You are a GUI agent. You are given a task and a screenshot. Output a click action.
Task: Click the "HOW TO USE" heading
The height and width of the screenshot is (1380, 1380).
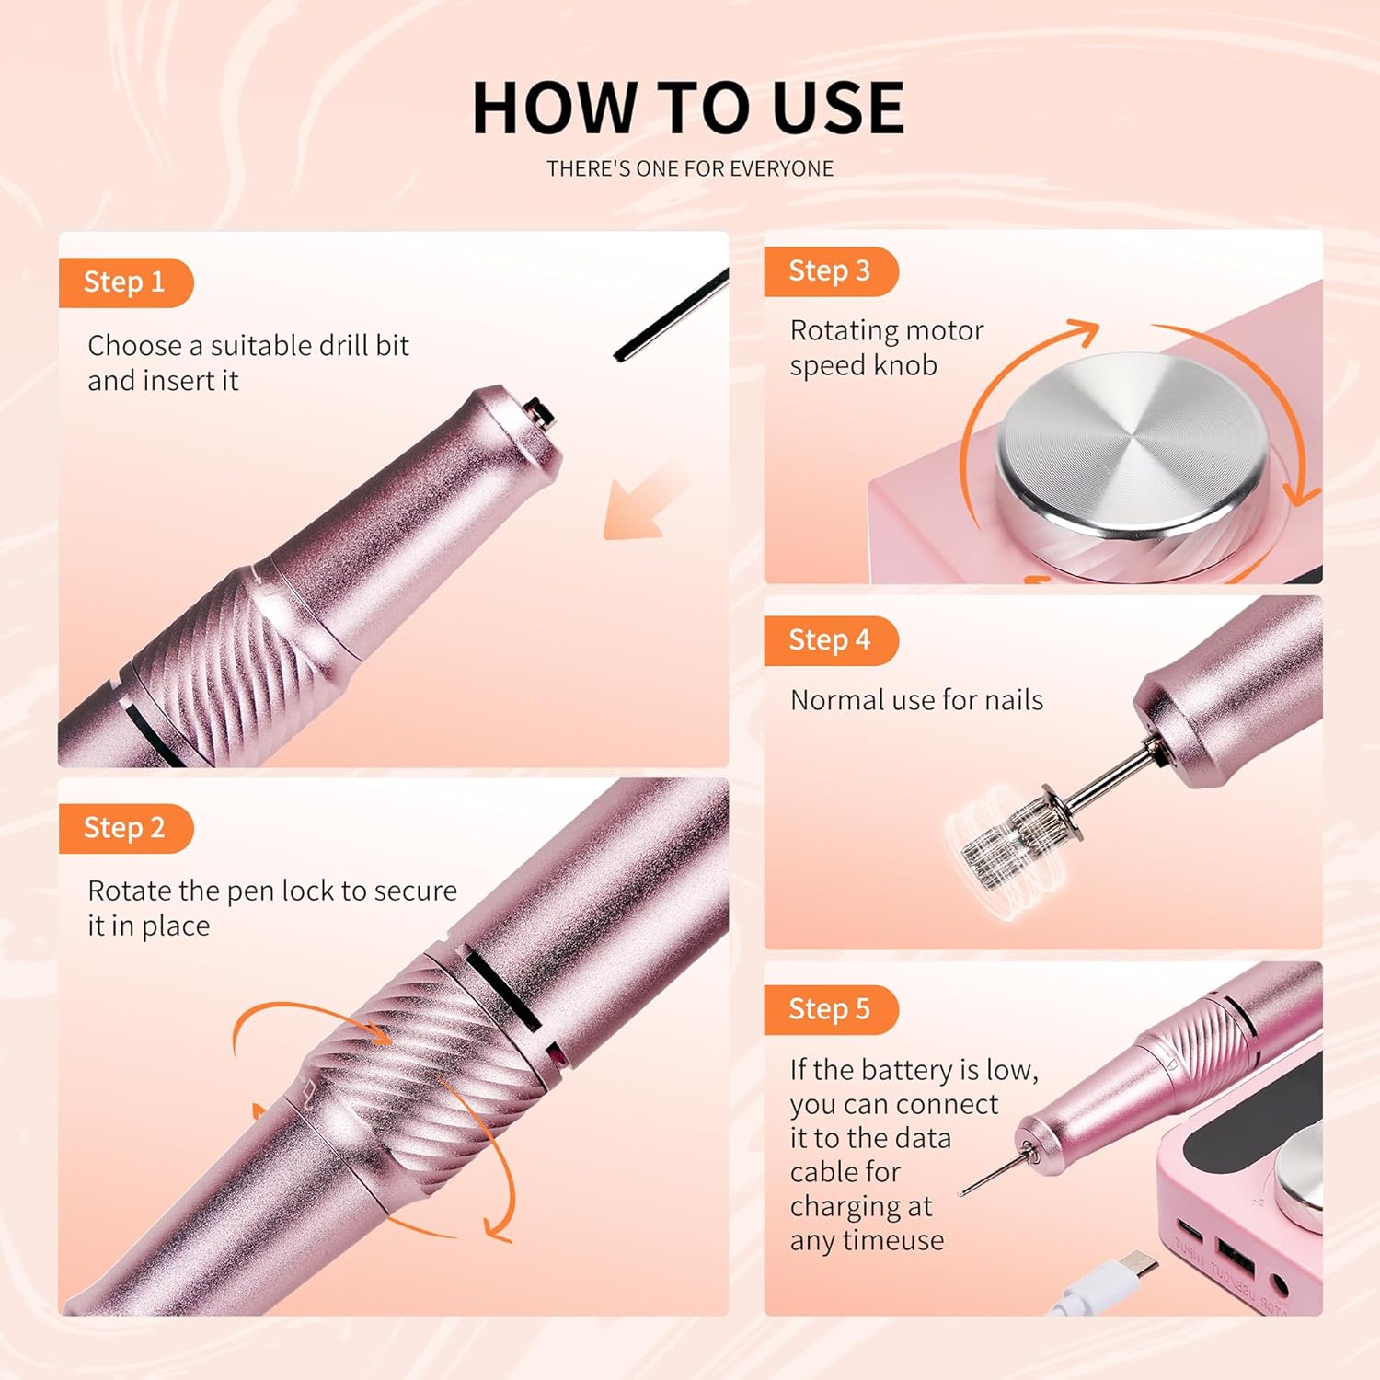point(688,108)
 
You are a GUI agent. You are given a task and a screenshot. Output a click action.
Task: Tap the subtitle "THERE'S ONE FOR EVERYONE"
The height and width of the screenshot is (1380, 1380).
point(690,169)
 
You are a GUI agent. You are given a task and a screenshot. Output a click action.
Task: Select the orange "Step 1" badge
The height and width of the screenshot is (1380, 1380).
point(124,282)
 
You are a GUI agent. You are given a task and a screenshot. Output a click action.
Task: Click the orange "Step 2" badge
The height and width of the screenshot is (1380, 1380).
point(124,828)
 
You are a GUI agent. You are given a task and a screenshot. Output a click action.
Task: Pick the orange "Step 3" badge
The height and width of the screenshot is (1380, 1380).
point(829,271)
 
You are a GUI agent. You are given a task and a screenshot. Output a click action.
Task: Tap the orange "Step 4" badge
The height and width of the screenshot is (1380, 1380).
point(829,640)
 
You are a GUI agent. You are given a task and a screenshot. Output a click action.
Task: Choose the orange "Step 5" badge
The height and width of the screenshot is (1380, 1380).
point(829,1009)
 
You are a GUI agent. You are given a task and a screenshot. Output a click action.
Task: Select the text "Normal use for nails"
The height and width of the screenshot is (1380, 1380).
point(916,700)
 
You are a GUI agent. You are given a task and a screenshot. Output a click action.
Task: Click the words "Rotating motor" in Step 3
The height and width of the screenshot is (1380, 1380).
point(887,330)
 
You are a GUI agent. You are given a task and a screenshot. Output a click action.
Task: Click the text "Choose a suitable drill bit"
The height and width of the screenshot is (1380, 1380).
point(248,346)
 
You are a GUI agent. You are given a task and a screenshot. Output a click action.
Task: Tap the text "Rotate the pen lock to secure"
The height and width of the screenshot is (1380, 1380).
point(272,891)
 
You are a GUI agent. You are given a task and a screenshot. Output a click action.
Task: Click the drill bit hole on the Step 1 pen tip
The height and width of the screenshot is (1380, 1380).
point(540,414)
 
